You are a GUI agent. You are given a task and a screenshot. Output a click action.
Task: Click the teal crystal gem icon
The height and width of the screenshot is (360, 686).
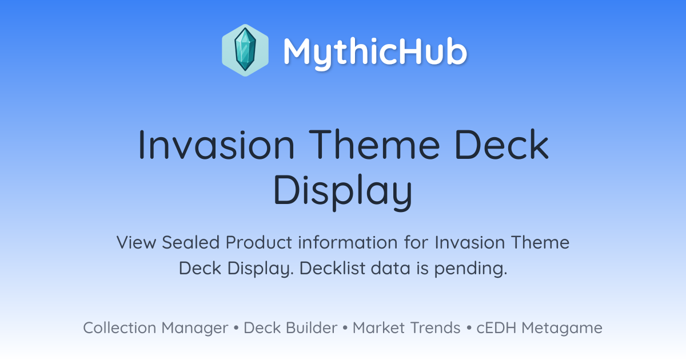tap(245, 50)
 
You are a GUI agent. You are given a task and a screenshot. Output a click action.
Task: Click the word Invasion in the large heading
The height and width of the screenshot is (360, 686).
tap(216, 145)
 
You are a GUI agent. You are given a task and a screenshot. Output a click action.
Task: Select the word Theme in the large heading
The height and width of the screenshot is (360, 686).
tap(374, 144)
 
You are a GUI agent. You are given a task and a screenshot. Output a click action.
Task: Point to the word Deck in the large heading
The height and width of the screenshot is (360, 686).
tap(502, 144)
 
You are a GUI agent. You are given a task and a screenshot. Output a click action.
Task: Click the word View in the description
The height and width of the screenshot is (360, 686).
tap(136, 242)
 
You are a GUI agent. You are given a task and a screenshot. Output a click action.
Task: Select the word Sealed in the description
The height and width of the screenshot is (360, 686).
tap(191, 242)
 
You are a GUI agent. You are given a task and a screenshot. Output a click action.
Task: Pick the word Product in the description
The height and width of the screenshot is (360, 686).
tap(259, 242)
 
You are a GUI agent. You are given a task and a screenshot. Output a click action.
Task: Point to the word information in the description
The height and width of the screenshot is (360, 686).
tap(348, 242)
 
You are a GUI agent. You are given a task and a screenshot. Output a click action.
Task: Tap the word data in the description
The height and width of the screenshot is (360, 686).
tap(390, 268)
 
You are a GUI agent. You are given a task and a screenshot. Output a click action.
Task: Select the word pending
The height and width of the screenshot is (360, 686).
tap(470, 269)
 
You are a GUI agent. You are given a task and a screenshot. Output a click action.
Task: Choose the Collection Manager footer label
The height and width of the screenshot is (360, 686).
tap(155, 328)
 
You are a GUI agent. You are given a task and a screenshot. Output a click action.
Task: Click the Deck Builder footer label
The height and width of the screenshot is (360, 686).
tap(290, 328)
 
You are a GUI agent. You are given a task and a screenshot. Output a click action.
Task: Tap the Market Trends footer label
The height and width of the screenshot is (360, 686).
tap(406, 328)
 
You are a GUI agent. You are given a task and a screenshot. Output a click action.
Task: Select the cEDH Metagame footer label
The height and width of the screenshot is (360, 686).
tap(539, 328)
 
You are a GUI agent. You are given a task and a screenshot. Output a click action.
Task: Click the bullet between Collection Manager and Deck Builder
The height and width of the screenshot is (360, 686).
tap(236, 328)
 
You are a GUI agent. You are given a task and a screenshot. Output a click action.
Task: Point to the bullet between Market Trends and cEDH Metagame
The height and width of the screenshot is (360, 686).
tap(469, 328)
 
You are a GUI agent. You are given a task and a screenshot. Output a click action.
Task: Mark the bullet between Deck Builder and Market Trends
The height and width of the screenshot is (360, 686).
tap(345, 328)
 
